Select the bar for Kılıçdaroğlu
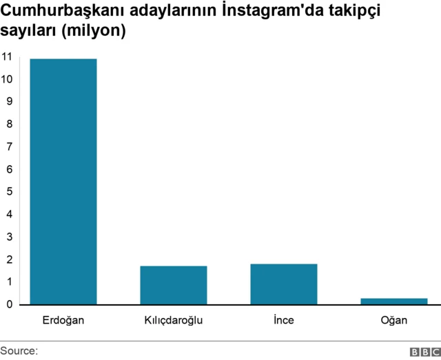pos(174,285)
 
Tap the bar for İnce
pos(284,284)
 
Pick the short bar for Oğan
pos(394,301)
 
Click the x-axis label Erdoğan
pos(63,320)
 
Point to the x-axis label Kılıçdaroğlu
pos(174,320)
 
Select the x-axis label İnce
pos(284,320)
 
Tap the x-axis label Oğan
pos(394,320)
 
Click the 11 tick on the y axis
pos(7,56)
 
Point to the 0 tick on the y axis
pos(7,304)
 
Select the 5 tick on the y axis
pos(7,191)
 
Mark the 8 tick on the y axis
pos(7,124)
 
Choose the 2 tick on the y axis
pos(7,259)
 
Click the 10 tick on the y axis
pos(7,78)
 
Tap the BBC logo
pos(424,352)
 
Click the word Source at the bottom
pos(19,351)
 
